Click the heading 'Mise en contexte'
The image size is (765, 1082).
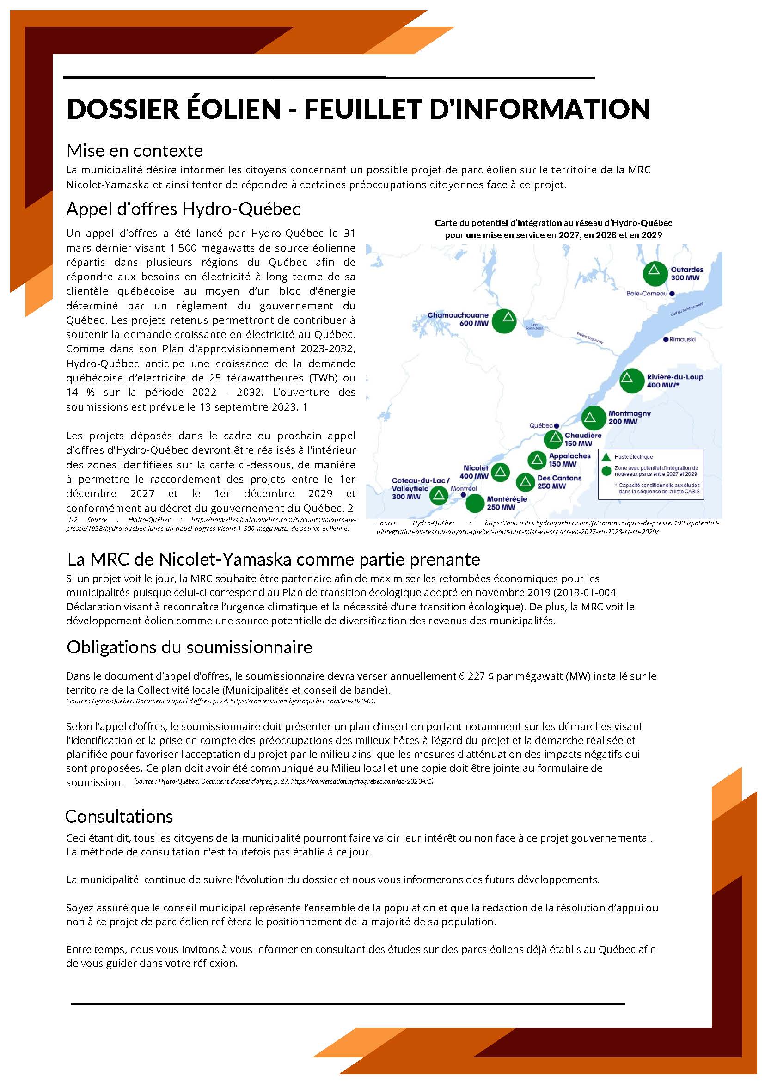coord(134,151)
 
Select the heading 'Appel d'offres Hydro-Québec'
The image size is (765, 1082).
coord(183,209)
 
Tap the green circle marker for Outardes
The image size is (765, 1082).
coord(653,273)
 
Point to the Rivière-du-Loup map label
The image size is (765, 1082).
coord(674,381)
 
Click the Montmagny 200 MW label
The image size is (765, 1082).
coord(630,418)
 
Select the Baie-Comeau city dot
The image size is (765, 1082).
coord(672,294)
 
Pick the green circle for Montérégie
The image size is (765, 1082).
coord(475,503)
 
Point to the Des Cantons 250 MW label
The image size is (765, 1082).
coord(559,482)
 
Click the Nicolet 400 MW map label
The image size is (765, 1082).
coord(476,472)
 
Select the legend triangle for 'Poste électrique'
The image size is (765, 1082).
coord(607,457)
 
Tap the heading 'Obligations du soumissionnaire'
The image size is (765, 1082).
coord(190,647)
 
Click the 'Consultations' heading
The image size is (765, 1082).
coord(119,816)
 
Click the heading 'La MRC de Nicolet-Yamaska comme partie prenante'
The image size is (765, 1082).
coord(274,559)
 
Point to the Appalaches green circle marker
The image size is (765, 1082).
coord(537,460)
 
